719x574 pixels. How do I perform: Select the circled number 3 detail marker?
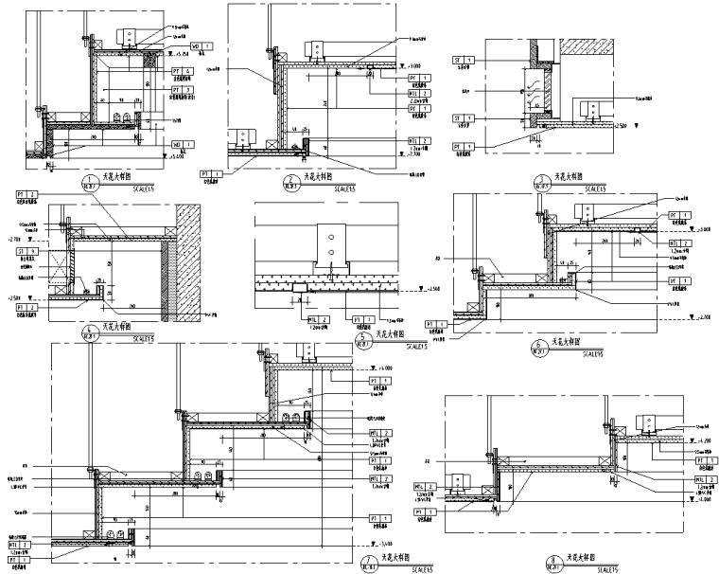coord(542,181)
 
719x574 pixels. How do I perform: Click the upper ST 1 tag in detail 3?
coord(463,60)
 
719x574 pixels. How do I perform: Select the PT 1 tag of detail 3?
coord(463,147)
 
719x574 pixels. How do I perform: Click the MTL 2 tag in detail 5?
coord(318,319)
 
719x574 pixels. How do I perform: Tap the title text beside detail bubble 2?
coord(320,178)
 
